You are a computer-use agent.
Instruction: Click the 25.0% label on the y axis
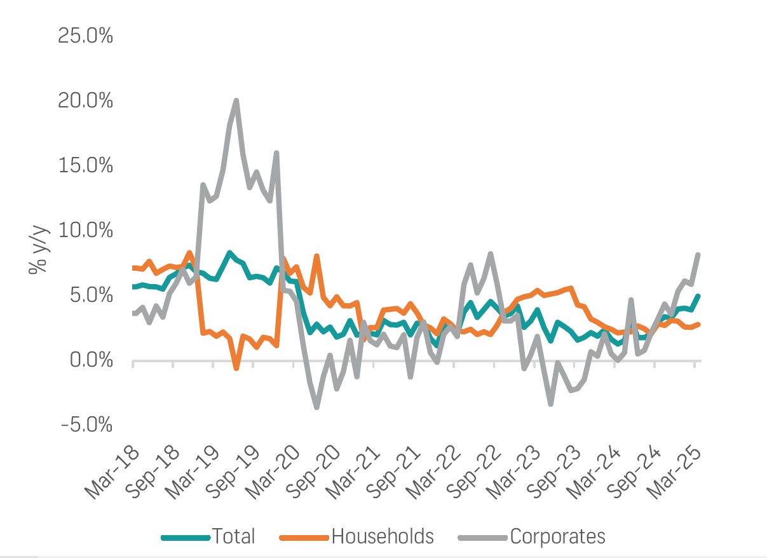[x=86, y=36]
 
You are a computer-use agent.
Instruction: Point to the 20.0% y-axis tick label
[x=86, y=100]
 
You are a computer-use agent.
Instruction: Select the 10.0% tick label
[x=86, y=230]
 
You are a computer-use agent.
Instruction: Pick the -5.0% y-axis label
[x=87, y=424]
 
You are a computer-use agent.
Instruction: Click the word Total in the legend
[x=234, y=536]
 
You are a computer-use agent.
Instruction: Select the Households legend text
[x=383, y=536]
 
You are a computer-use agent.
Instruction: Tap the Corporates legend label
[x=557, y=536]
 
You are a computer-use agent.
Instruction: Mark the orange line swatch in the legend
[x=304, y=537]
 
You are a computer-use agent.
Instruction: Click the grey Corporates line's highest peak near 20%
[x=236, y=100]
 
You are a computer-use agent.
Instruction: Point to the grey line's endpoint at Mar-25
[x=698, y=255]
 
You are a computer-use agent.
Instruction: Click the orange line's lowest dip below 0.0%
[x=236, y=368]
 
